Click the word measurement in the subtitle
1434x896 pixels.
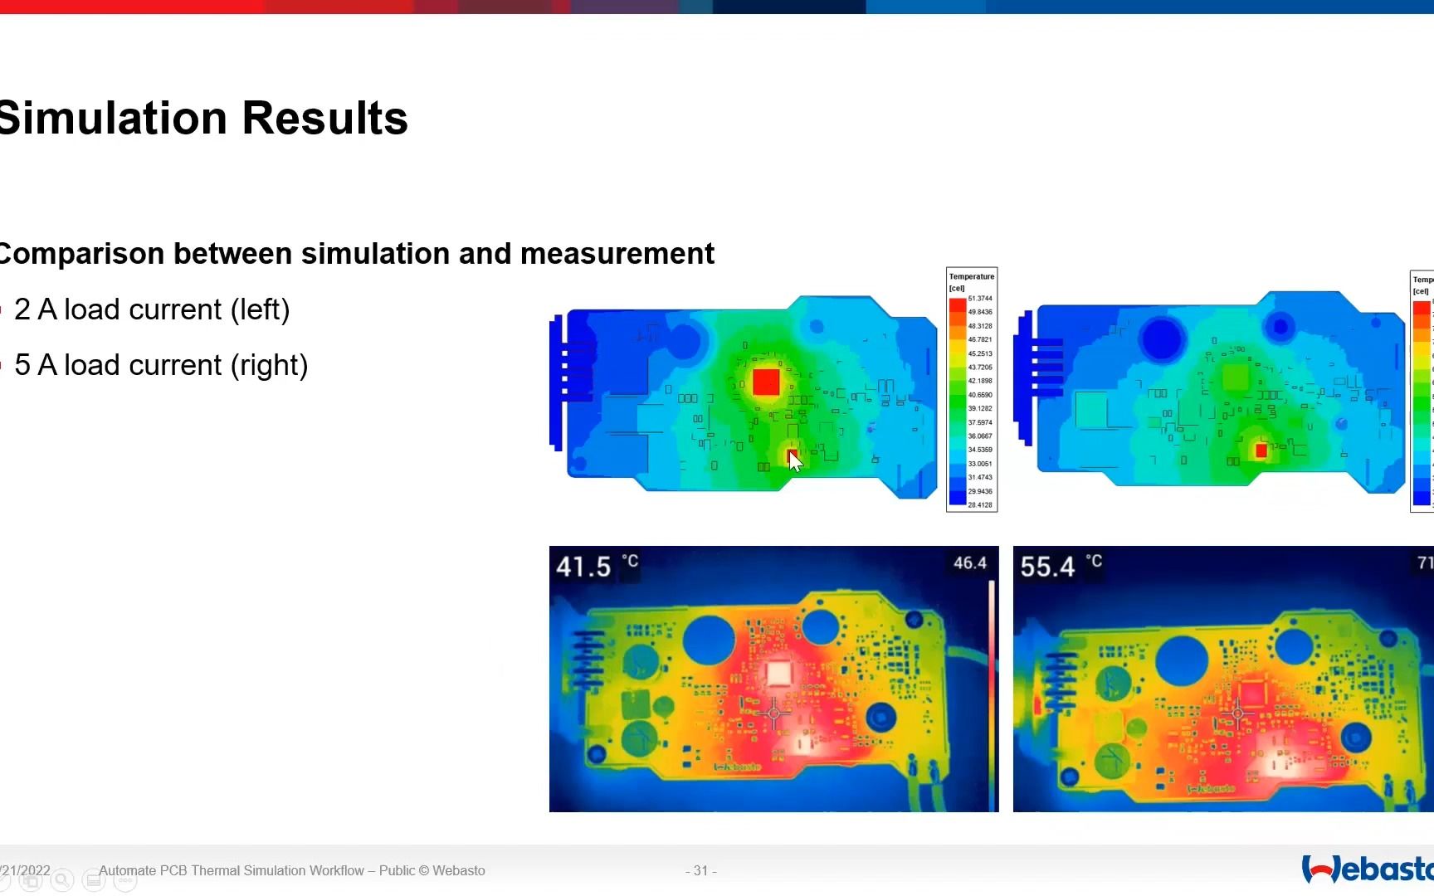tap(617, 254)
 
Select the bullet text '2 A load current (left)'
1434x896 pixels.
tap(152, 309)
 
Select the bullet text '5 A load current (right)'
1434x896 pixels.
tap(161, 365)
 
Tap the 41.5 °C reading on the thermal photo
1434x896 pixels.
tap(584, 567)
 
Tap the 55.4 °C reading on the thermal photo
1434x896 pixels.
tap(1048, 567)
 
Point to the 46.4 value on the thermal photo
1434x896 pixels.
tap(969, 563)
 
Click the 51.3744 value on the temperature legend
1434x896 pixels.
tap(980, 299)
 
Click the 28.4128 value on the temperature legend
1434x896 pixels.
tap(980, 504)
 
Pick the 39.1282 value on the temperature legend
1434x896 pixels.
tap(980, 408)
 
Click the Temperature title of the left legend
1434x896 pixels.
tap(972, 276)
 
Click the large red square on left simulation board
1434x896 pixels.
tap(766, 382)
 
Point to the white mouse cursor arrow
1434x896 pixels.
tap(795, 461)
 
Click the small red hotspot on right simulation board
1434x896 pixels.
tap(1261, 450)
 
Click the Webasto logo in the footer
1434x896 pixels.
tap(1368, 869)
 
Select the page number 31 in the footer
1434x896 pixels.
tap(701, 870)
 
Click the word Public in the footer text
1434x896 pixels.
tap(397, 870)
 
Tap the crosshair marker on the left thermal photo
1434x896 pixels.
tap(773, 713)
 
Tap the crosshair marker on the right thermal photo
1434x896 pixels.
tap(1237, 713)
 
